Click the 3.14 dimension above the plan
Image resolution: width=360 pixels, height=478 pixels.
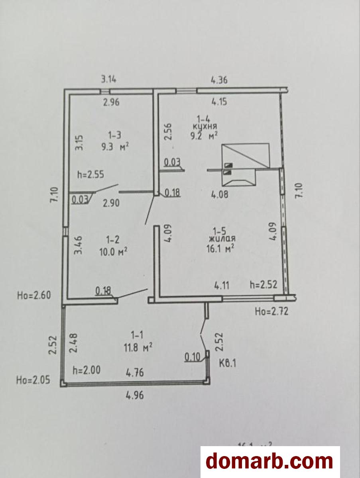(x=108, y=79)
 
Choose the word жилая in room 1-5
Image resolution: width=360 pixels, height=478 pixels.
(x=221, y=239)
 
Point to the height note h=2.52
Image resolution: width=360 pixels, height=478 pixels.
(x=264, y=285)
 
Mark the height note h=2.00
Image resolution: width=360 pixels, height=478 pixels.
(x=87, y=370)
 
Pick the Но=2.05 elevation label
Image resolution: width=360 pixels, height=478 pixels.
(x=33, y=380)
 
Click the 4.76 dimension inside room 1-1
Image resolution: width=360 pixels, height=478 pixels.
(x=135, y=373)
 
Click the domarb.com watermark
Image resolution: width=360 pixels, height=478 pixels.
(x=270, y=461)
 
